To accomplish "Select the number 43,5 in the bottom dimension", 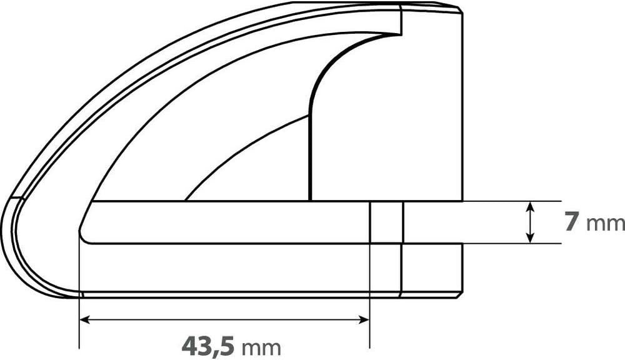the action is pos(209,346).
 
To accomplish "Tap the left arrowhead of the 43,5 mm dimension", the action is pos(84,319).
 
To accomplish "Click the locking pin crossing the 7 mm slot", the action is pos(387,222).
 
